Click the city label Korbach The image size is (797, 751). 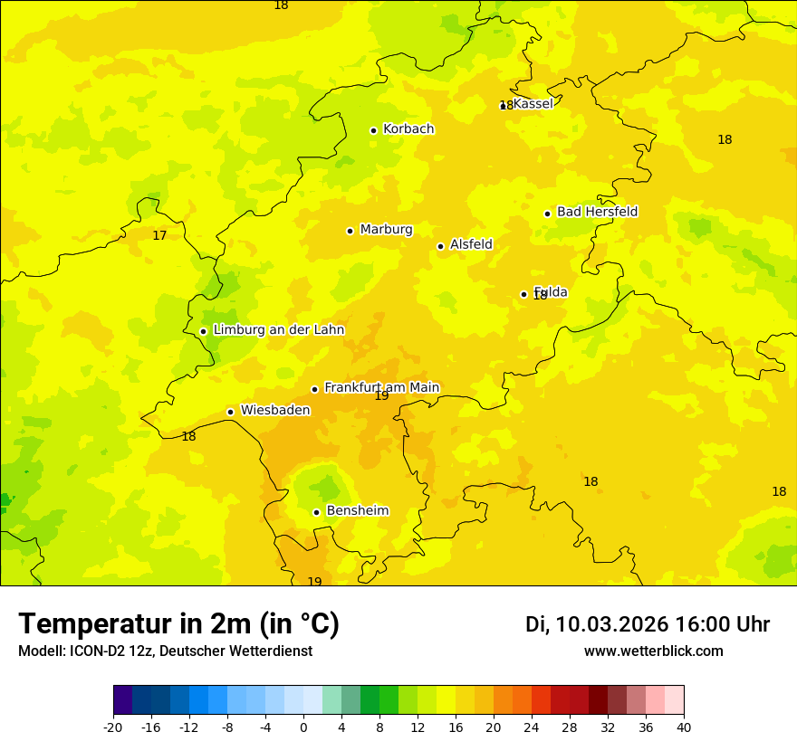coord(408,129)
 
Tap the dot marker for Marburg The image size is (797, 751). coord(350,231)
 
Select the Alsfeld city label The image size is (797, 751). coord(471,244)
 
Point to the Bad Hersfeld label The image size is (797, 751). coord(597,212)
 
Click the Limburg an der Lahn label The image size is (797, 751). coord(278,330)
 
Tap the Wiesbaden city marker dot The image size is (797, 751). coord(230,412)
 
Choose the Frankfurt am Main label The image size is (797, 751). coord(381,387)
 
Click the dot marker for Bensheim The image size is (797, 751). coord(316,512)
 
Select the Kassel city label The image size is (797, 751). coord(533,104)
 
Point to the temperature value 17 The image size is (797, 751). coord(159,235)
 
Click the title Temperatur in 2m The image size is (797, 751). coord(178,624)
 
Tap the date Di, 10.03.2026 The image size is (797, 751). coord(597,624)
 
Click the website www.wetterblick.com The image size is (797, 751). coord(653,651)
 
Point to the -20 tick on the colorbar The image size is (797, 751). coord(113,727)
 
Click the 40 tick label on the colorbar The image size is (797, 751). coord(683,727)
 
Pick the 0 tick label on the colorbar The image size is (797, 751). coord(303,727)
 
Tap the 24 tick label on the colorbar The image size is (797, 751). coord(532,727)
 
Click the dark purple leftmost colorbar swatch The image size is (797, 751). coord(122,700)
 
